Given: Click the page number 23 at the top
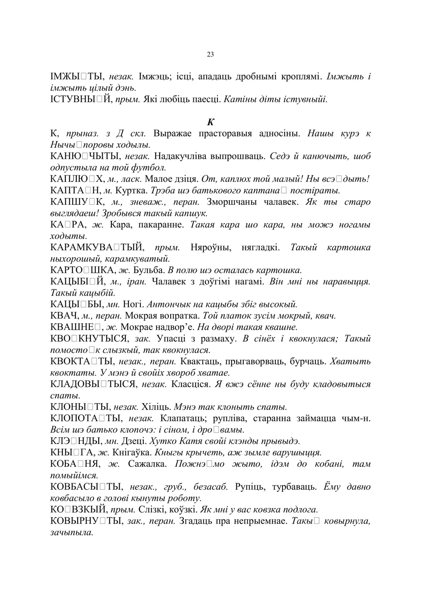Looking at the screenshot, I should [210, 54].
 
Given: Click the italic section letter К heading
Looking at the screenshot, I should [210, 122].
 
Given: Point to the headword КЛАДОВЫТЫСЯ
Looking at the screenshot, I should [93, 384].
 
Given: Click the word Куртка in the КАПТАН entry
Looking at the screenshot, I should [132, 191].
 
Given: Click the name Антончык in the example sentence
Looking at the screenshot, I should [167, 304].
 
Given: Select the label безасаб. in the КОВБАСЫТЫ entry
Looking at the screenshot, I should [210, 487].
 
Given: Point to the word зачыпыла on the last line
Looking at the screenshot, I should [72, 532].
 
